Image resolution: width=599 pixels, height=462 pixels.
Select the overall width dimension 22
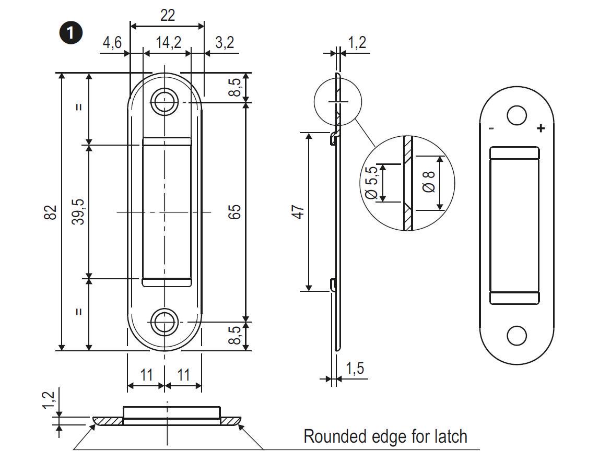(167, 15)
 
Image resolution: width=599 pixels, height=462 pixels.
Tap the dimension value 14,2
(167, 42)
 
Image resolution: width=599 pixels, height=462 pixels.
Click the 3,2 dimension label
(224, 42)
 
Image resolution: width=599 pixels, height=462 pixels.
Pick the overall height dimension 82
(50, 212)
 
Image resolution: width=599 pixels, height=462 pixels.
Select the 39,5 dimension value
(78, 212)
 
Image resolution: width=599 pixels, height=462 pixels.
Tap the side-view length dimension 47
(298, 212)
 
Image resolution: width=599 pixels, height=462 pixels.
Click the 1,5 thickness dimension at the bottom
(355, 369)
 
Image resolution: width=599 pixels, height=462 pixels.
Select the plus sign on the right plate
(541, 128)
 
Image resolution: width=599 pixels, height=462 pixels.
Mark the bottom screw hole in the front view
(165, 322)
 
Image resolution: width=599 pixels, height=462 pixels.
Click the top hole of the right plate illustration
(516, 115)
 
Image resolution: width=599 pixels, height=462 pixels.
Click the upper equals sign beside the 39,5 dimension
(78, 108)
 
